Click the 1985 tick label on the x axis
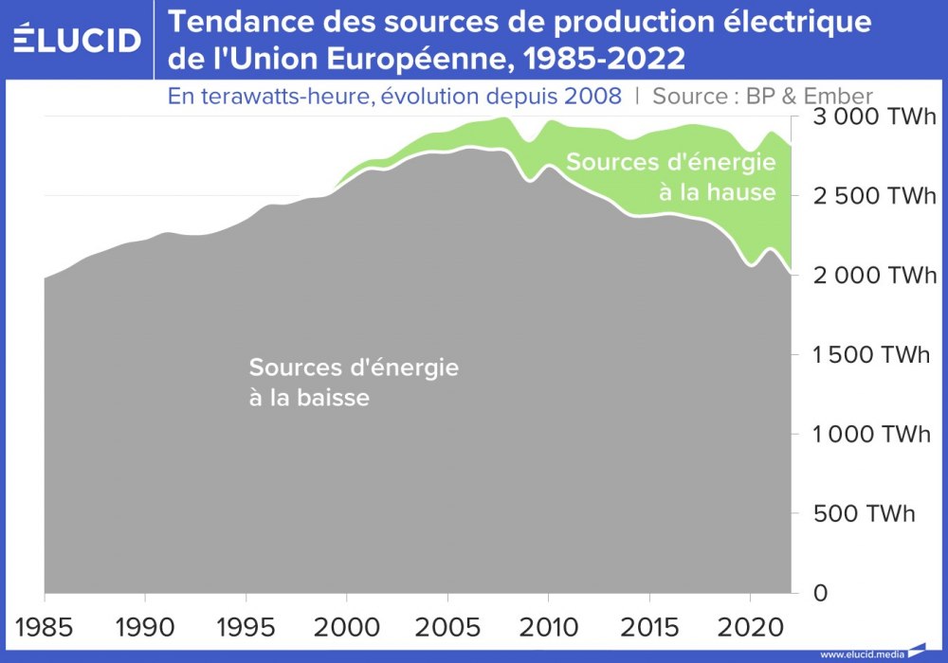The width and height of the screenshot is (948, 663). (x=45, y=628)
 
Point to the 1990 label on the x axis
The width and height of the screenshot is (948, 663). (x=145, y=628)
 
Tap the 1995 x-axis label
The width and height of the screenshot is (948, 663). (x=246, y=628)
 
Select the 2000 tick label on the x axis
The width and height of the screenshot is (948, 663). (x=347, y=628)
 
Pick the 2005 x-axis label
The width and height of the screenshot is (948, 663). (x=447, y=628)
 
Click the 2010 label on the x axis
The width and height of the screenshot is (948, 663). (x=548, y=628)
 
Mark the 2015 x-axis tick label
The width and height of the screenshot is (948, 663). (x=649, y=628)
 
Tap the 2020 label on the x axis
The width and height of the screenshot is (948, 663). (x=750, y=628)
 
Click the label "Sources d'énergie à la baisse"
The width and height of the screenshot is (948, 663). (x=353, y=382)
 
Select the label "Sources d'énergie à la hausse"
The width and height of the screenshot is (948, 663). (x=671, y=177)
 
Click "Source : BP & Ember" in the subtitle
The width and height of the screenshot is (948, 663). (x=763, y=96)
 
